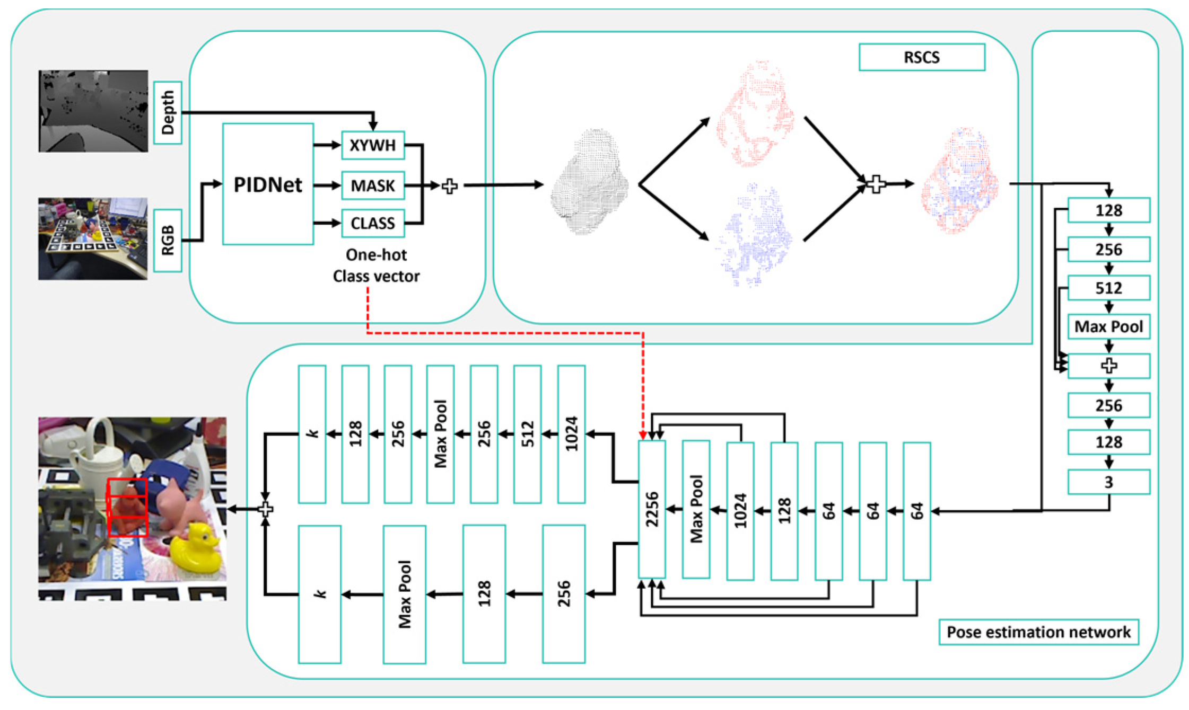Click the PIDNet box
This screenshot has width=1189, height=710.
268,184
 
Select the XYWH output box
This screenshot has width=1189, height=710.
373,145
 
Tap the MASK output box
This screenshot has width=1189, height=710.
373,185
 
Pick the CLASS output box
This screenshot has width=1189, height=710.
373,223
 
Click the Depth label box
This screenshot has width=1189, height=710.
168,112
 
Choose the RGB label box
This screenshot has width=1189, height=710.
168,241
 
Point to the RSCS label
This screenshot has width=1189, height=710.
922,57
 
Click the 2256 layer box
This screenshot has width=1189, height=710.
652,509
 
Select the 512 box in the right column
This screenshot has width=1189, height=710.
1108,288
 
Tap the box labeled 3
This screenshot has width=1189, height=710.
1108,482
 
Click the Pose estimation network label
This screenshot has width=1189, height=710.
1038,632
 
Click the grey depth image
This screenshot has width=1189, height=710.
93,111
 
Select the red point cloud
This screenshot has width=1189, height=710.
755,114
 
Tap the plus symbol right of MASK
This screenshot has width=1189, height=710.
450,186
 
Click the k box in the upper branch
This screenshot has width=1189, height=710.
312,434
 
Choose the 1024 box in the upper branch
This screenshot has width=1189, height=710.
571,434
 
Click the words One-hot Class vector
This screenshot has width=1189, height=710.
376,265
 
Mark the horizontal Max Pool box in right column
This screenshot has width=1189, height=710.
1108,326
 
